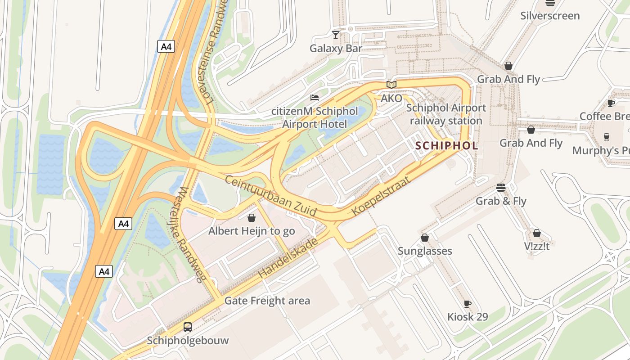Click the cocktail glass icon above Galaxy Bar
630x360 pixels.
336,35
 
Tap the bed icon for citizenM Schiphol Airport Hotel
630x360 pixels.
315,97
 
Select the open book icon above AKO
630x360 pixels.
391,85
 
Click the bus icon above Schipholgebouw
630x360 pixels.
188,327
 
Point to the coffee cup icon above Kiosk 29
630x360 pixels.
468,304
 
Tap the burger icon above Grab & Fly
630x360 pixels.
501,187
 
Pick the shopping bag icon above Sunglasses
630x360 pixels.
424,238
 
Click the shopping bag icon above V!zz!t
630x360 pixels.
536,233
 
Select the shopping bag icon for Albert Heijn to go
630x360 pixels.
252,218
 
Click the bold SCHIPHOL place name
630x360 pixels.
446,146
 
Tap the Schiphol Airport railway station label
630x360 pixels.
446,114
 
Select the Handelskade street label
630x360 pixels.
288,258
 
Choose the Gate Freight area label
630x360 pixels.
267,301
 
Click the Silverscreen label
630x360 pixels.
550,16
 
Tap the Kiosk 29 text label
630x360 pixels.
468,317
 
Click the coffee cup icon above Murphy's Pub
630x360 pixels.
606,137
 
